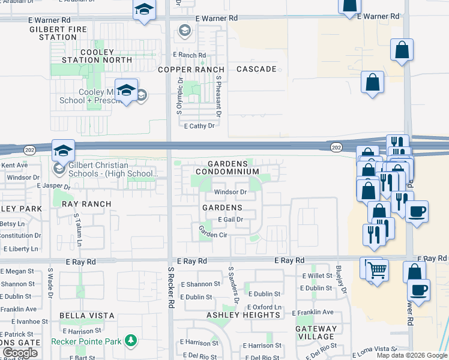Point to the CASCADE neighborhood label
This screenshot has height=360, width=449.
[x=256, y=69]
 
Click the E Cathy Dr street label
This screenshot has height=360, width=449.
[x=199, y=126]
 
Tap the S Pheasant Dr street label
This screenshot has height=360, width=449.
[x=220, y=96]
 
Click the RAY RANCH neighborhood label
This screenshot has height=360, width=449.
[x=86, y=204]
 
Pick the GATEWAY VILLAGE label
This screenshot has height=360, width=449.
[x=316, y=332]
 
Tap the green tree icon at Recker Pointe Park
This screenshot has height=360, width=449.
[x=130, y=341]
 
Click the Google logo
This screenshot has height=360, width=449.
[x=20, y=353]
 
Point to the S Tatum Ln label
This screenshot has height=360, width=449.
[x=78, y=232]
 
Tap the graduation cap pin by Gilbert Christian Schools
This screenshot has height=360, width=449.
[x=62, y=151]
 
